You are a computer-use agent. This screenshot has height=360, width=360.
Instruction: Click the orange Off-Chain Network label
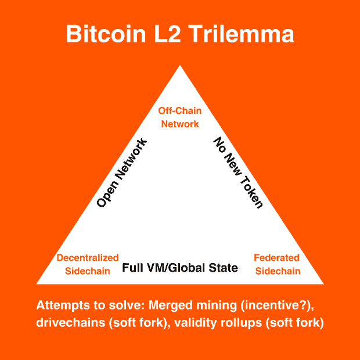(x=179, y=117)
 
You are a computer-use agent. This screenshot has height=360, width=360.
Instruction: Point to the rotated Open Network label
(x=122, y=173)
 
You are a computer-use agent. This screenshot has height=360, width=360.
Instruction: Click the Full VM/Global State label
(x=180, y=268)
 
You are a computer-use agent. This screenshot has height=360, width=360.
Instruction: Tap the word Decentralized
(x=88, y=258)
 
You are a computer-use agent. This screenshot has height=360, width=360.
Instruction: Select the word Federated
(x=277, y=258)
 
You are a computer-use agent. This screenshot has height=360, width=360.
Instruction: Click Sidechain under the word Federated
(x=277, y=271)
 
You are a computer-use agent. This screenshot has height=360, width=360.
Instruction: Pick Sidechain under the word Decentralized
(x=88, y=271)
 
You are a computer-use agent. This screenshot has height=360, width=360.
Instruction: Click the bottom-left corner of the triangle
(x=38, y=283)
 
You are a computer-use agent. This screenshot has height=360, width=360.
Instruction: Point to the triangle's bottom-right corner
(x=323, y=283)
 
